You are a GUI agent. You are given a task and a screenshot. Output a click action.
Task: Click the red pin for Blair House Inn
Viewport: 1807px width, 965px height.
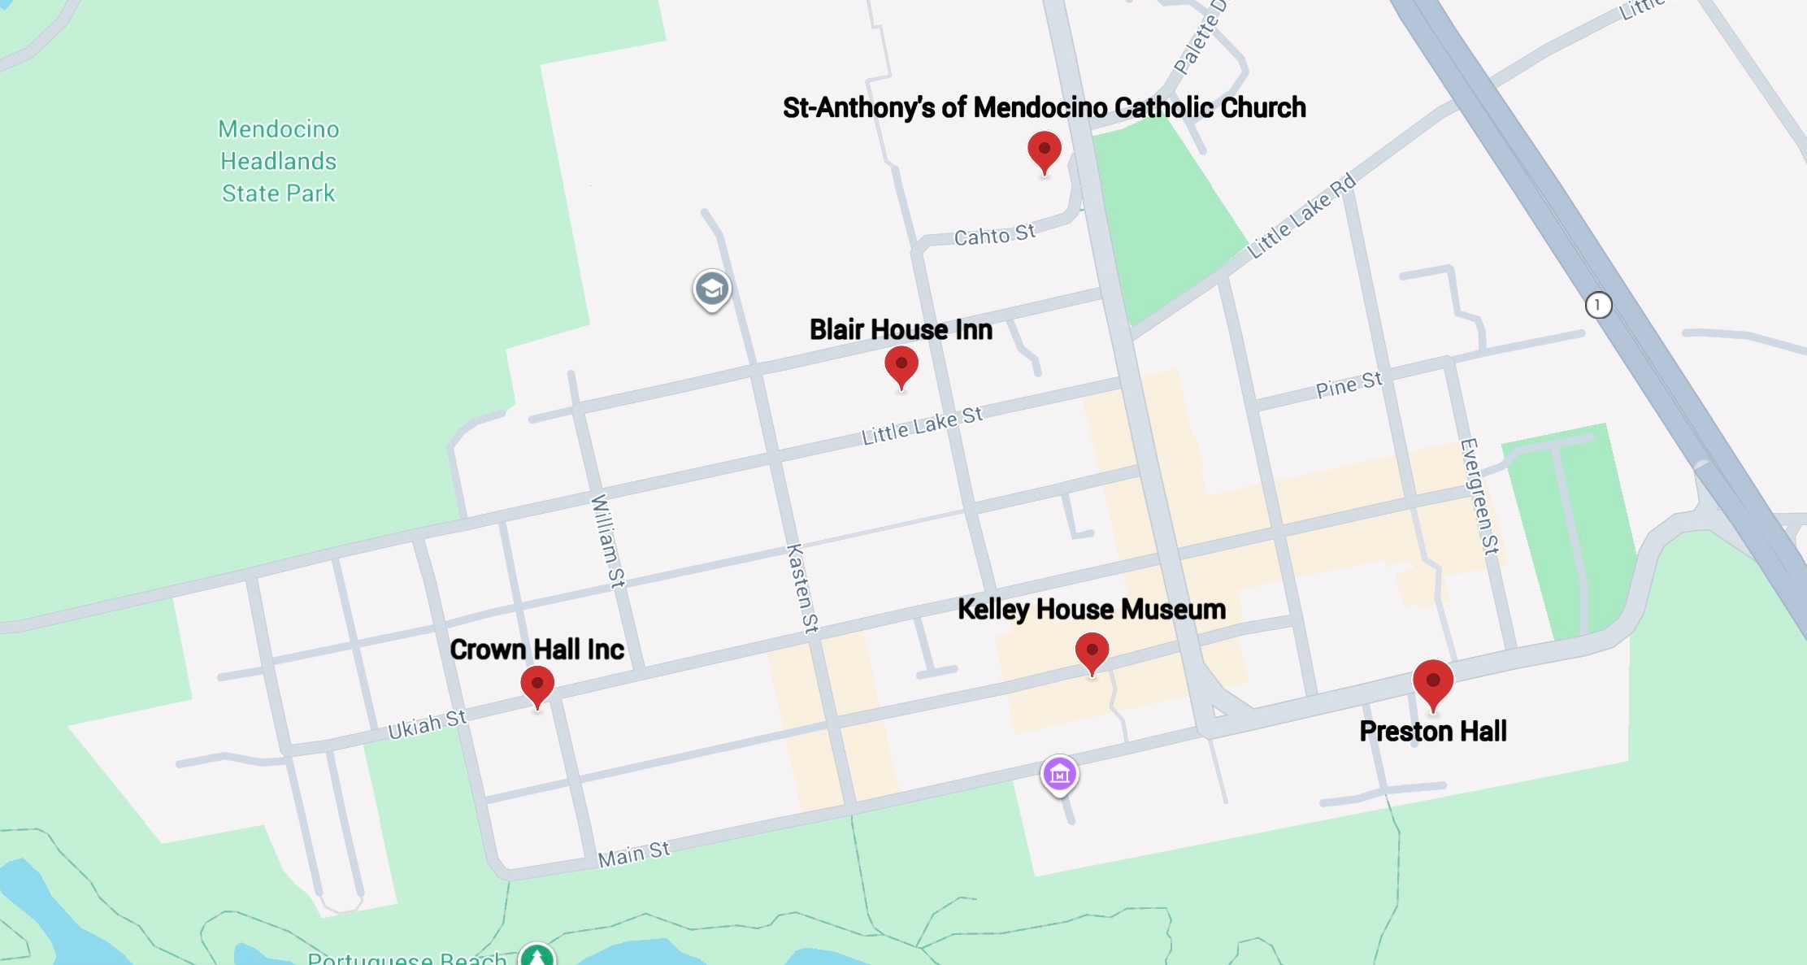click(901, 365)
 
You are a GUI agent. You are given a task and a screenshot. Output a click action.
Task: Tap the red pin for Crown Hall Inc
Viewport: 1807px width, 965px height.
click(537, 685)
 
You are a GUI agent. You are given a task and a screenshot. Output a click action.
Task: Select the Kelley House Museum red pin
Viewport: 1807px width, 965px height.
click(1092, 652)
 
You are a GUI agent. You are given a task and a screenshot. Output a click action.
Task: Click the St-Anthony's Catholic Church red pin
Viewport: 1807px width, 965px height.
click(1045, 150)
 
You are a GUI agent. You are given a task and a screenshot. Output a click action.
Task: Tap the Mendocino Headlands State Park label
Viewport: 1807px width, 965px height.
click(278, 161)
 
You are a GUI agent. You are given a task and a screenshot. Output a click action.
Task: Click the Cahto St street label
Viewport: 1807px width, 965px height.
click(994, 235)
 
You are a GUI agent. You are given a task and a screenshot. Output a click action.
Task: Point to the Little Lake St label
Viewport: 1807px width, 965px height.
click(922, 426)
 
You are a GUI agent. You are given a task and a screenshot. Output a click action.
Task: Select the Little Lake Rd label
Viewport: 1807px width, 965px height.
click(1301, 215)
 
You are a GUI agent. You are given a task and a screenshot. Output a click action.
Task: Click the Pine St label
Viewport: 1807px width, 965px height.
click(1349, 385)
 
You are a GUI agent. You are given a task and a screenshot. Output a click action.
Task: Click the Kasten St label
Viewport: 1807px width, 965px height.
click(802, 588)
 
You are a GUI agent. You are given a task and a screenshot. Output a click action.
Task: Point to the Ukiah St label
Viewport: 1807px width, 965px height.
click(427, 724)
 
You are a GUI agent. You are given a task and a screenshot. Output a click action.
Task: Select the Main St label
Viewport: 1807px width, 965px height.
click(633, 854)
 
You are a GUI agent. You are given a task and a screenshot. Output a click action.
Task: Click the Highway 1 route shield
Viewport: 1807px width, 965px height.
click(1598, 305)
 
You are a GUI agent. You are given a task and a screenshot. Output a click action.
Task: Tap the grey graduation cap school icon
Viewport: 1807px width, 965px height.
click(712, 289)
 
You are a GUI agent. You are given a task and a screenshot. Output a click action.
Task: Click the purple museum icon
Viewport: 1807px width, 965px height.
click(1059, 775)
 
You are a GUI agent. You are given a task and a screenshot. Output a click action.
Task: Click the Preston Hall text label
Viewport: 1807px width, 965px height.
click(1433, 731)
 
